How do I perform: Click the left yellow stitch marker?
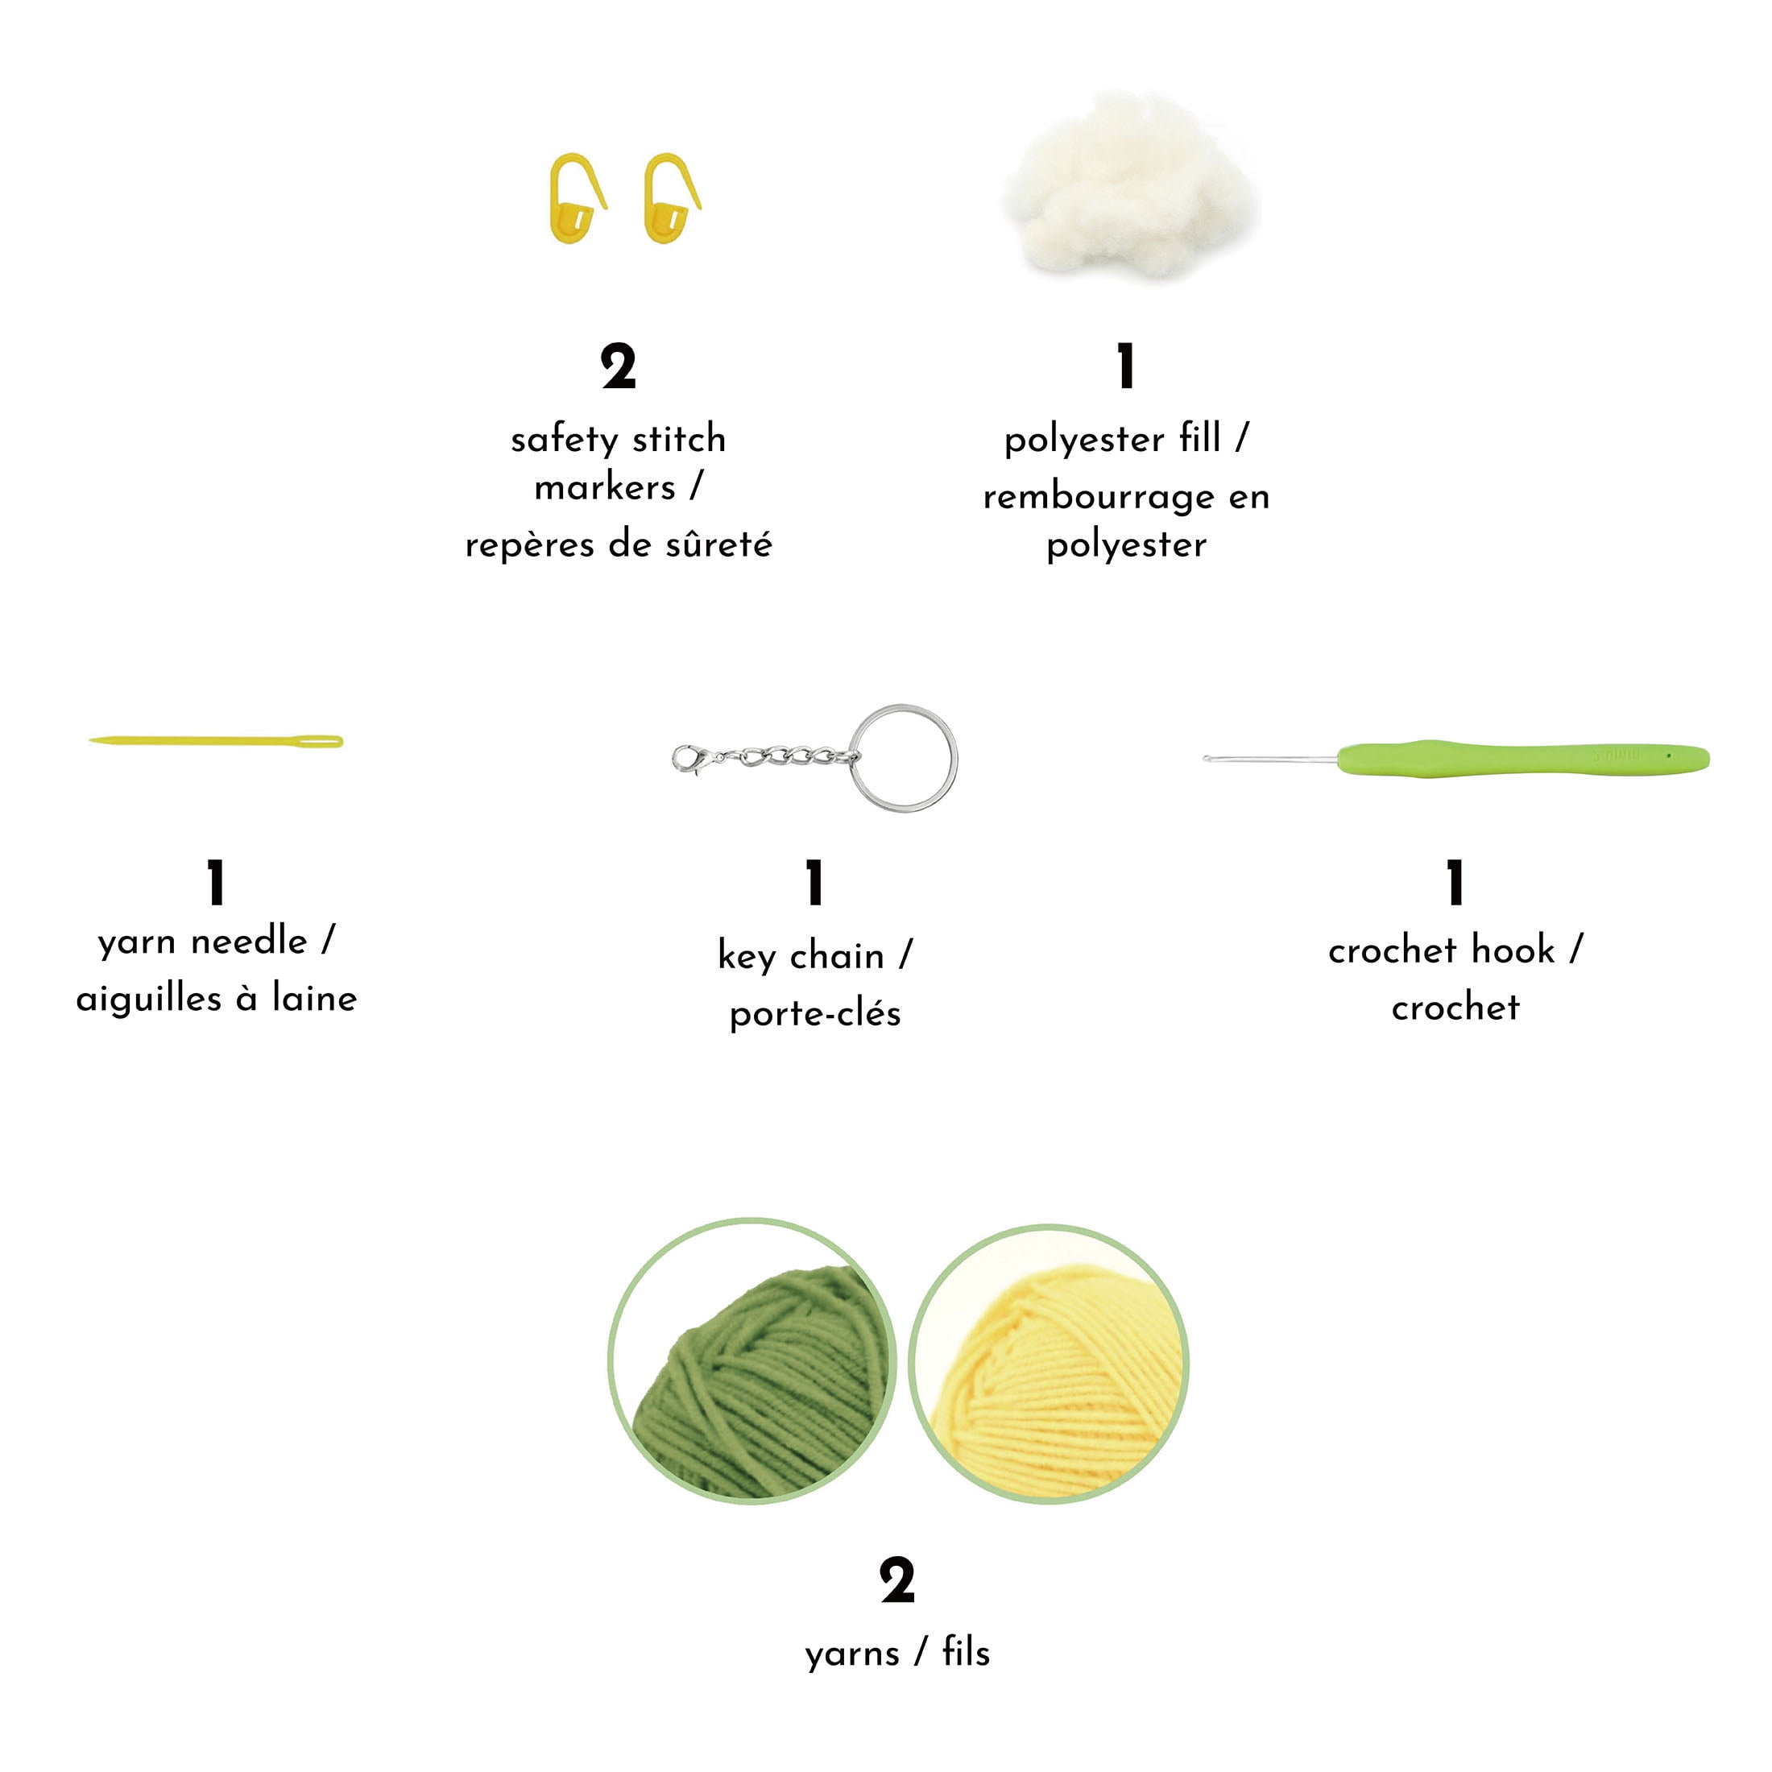click(x=576, y=199)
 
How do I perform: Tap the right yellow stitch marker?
click(x=670, y=199)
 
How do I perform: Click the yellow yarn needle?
click(x=216, y=741)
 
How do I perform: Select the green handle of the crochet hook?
click(x=1522, y=759)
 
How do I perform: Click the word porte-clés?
click(x=815, y=1014)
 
